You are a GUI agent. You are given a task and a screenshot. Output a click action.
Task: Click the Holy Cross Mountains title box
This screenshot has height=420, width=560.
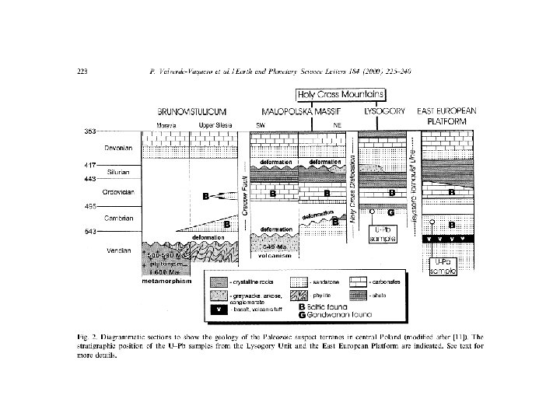coord(340,94)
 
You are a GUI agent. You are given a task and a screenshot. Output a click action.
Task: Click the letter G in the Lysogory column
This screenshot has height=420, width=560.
coord(390,212)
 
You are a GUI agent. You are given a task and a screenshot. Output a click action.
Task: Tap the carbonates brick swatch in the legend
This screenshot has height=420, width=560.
coord(358,283)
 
